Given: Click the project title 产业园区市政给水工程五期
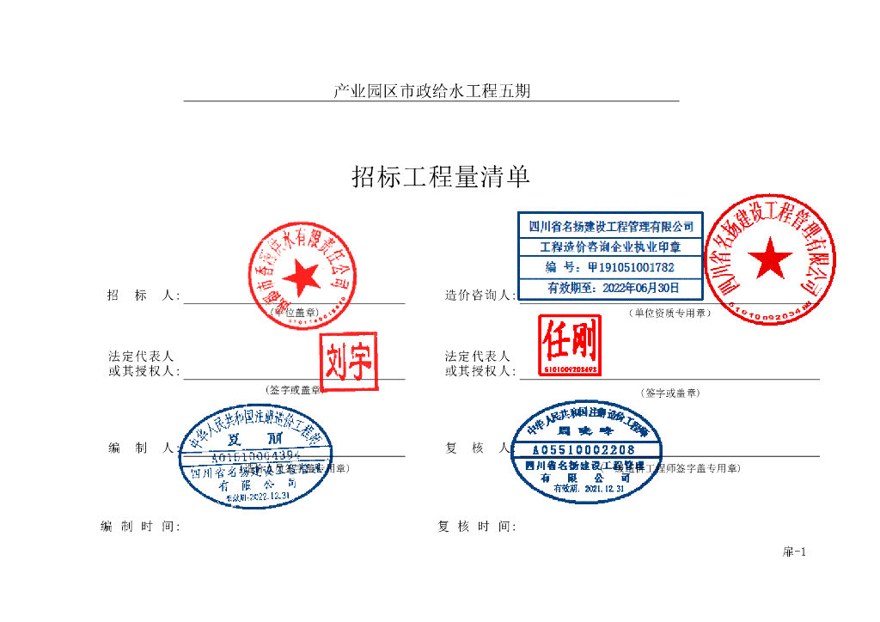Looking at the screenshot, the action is tap(431, 91).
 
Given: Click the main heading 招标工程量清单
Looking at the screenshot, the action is tap(441, 177).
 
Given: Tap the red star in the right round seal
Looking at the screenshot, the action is tap(769, 258).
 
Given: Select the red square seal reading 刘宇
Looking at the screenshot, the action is tap(348, 361).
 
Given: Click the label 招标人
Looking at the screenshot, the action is tap(143, 296).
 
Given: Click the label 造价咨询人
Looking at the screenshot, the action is tap(480, 296).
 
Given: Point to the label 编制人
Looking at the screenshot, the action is tap(143, 448).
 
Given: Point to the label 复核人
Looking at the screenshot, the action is tap(480, 448).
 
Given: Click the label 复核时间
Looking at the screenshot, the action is tap(476, 527).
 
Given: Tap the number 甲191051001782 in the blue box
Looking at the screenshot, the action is tap(610, 267).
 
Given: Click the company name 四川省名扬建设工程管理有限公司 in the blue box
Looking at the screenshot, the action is tap(610, 227).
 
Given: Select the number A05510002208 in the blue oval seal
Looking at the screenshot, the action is tap(584, 449).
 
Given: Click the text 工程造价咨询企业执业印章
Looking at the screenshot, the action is tap(610, 247).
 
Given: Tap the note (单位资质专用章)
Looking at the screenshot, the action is tap(669, 314).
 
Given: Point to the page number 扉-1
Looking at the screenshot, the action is tap(793, 552).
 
